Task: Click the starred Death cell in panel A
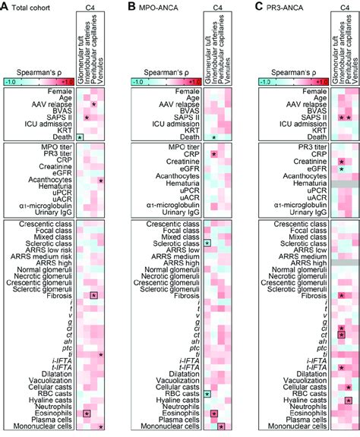click(x=80, y=137)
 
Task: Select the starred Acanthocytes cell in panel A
click(x=100, y=181)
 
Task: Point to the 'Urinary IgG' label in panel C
click(x=305, y=215)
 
